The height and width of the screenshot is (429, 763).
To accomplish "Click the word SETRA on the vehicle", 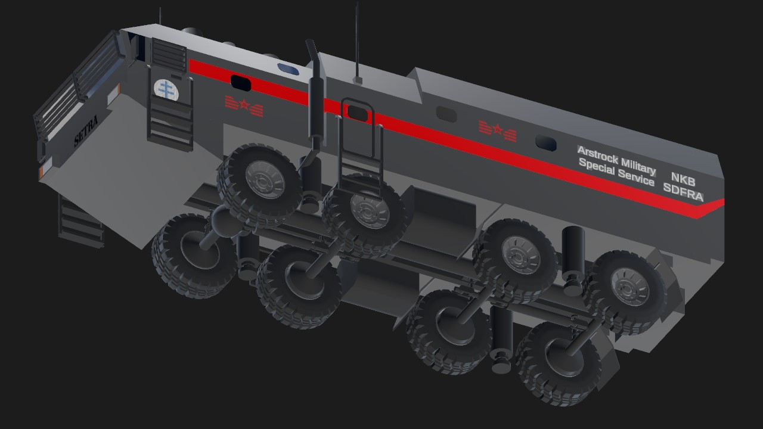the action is click(86, 131).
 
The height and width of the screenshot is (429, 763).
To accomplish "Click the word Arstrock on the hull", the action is click(598, 155).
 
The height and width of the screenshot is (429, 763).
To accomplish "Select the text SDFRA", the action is click(683, 192).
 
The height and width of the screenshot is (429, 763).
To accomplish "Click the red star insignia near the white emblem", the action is click(244, 106).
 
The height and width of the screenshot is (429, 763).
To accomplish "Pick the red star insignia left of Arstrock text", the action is click(497, 130).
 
